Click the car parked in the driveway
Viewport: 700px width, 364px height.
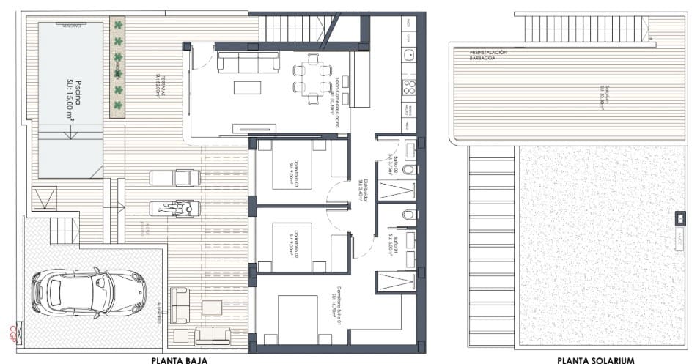click(x=88, y=292)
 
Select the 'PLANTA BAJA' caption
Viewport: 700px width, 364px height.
click(x=179, y=360)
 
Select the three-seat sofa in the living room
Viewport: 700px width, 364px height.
click(x=248, y=62)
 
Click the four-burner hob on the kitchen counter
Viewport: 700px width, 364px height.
click(x=408, y=87)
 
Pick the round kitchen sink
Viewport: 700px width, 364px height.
click(x=408, y=54)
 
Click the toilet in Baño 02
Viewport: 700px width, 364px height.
click(x=409, y=169)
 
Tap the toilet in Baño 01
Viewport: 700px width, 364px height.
click(x=409, y=215)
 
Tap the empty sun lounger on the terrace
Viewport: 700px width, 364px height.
click(x=175, y=178)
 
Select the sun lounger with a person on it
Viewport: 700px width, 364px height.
click(x=175, y=209)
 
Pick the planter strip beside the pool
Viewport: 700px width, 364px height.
click(x=117, y=67)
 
